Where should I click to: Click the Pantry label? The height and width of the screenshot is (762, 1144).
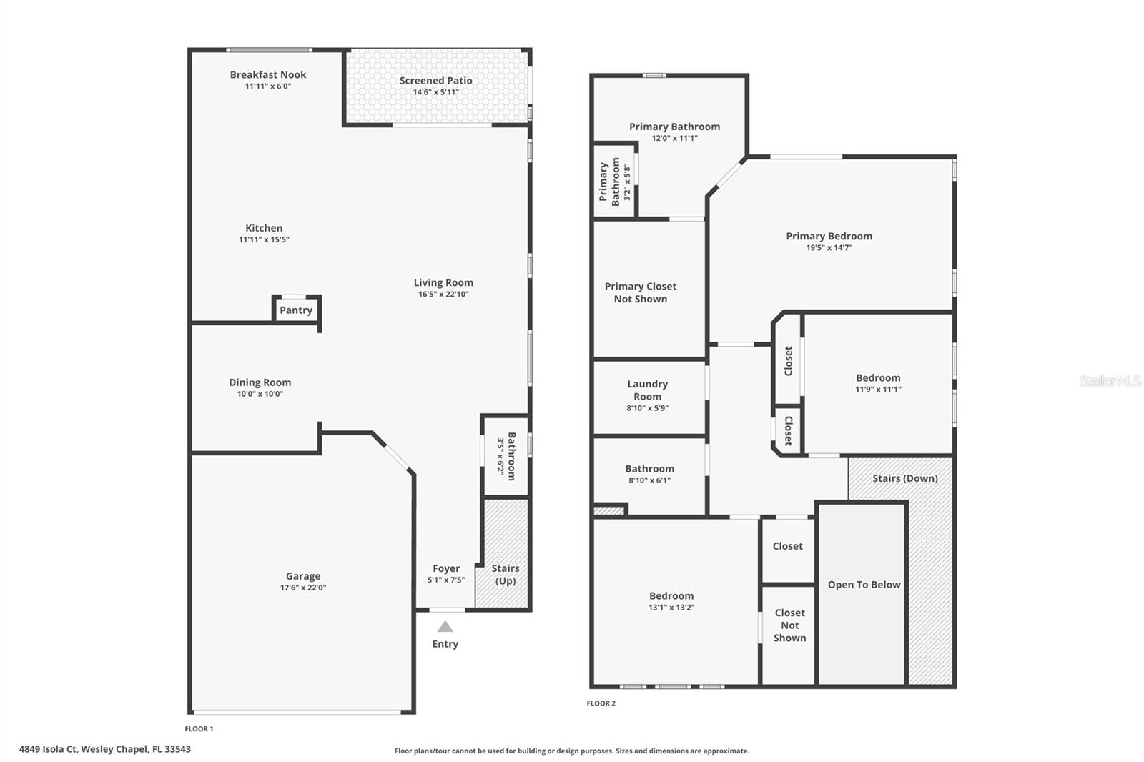click(x=296, y=310)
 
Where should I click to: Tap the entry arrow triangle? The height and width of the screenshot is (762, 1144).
click(x=445, y=627)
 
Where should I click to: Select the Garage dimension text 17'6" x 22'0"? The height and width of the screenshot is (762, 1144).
click(x=303, y=588)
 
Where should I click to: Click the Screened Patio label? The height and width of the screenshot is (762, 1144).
click(x=435, y=81)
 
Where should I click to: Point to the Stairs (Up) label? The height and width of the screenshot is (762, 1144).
click(x=506, y=574)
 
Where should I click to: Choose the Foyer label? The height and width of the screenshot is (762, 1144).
click(x=446, y=568)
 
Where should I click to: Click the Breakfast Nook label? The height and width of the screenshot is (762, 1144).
click(x=268, y=74)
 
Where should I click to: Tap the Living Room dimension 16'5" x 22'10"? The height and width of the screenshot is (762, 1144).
click(x=443, y=294)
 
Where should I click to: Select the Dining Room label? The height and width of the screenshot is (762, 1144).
click(x=260, y=382)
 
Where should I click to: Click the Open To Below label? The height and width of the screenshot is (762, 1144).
click(x=864, y=585)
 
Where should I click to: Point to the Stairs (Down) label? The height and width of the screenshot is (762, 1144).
click(x=904, y=478)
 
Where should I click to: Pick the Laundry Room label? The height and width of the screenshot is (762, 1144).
click(x=647, y=390)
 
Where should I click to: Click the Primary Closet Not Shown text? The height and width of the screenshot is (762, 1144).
click(x=641, y=292)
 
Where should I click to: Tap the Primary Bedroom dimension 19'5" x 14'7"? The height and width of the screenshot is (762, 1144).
click(x=829, y=247)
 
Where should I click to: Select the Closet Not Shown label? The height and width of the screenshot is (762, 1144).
click(x=789, y=625)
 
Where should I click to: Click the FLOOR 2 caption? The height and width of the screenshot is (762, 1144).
click(x=601, y=703)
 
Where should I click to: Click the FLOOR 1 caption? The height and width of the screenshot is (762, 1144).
click(x=199, y=729)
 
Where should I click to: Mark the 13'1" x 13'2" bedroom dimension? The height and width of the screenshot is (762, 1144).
click(x=671, y=608)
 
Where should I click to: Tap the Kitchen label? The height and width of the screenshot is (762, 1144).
click(x=264, y=228)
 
